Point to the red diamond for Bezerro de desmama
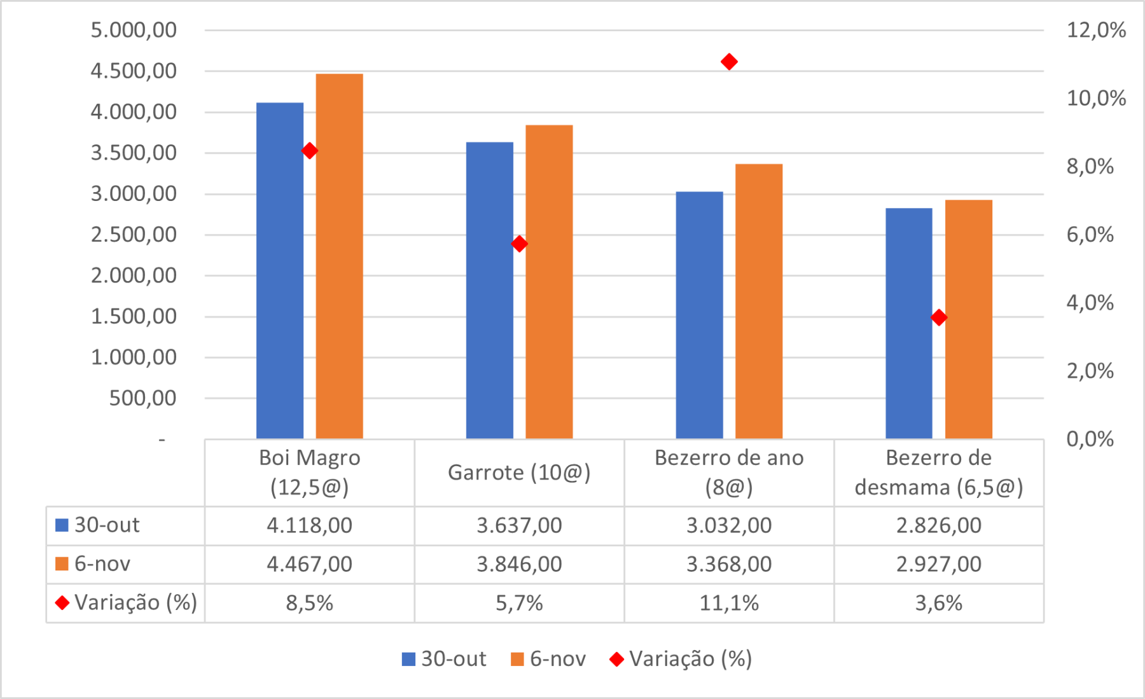tap(938, 317)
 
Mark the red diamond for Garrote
tap(519, 244)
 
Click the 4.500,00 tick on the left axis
tap(134, 71)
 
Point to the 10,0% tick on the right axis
tap(1095, 98)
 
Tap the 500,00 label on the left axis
tap(142, 398)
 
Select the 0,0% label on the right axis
tap(1090, 439)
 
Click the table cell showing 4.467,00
tap(309, 564)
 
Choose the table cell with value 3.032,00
tap(729, 525)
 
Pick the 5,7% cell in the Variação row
tap(519, 603)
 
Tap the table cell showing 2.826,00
tap(938, 525)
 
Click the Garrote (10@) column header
tap(519, 473)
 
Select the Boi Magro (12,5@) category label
tap(309, 473)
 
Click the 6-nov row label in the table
tap(102, 564)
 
